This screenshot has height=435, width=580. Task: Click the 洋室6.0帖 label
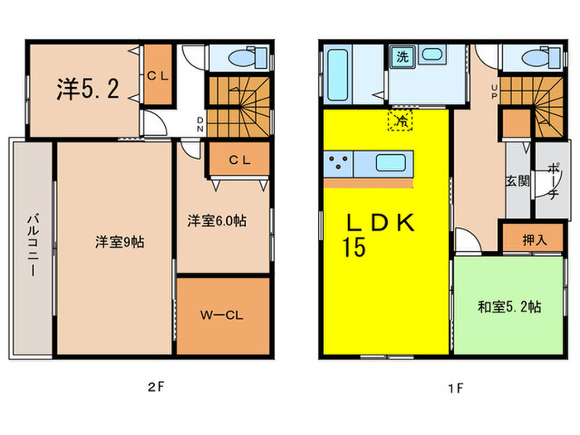click(x=215, y=220)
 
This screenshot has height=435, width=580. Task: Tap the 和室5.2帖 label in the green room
click(x=510, y=307)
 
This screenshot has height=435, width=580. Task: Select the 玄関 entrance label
click(x=518, y=181)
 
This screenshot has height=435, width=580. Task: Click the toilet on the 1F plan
click(x=539, y=57)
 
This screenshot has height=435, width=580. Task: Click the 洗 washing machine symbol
click(x=402, y=57)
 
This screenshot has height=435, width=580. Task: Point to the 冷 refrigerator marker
click(x=401, y=120)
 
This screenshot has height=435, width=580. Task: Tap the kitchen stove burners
click(x=341, y=162)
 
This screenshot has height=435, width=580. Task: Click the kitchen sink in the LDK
click(x=390, y=162)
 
